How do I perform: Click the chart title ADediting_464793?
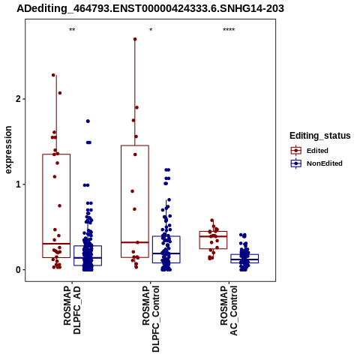pyautogui.click(x=150, y=8)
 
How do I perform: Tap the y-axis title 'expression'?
pyautogui.click(x=8, y=150)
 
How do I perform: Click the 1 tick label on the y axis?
pyautogui.click(x=17, y=184)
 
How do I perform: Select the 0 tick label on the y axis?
pyautogui.click(x=17, y=270)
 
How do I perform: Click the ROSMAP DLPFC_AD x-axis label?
pyautogui.click(x=72, y=310)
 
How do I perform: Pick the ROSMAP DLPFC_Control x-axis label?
pyautogui.click(x=151, y=319)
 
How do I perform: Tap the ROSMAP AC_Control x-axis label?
pyautogui.click(x=229, y=310)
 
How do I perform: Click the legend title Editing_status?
pyautogui.click(x=319, y=136)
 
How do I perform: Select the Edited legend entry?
pyautogui.click(x=317, y=151)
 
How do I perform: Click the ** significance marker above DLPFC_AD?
pyautogui.click(x=72, y=30)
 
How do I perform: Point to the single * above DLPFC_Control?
pyautogui.click(x=151, y=29)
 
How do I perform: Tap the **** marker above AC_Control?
pyautogui.click(x=229, y=30)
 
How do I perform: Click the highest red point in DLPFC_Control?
pyautogui.click(x=135, y=39)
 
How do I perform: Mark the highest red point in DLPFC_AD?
pyautogui.click(x=53, y=75)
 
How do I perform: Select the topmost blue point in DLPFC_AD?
pyautogui.click(x=88, y=121)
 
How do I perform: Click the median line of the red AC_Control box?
pyautogui.click(x=213, y=236)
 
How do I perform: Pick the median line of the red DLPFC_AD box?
pyautogui.click(x=56, y=244)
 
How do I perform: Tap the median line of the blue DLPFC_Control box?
pyautogui.click(x=166, y=253)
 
